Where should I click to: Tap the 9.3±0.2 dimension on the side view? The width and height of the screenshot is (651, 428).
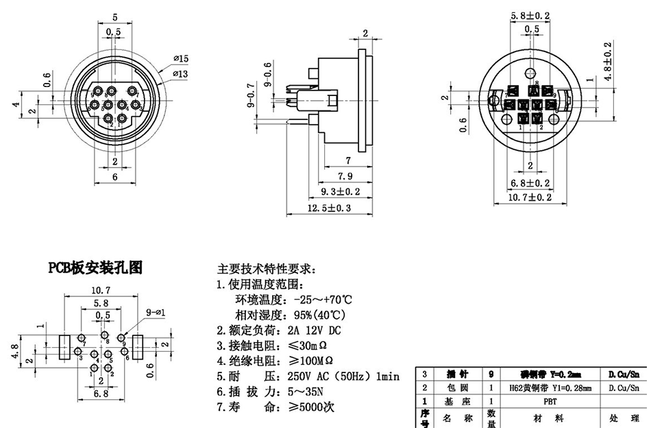pyautogui.click(x=341, y=191)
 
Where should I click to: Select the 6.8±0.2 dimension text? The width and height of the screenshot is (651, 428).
pyautogui.click(x=531, y=182)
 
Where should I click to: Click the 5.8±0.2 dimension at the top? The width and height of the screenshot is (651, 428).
pyautogui.click(x=531, y=15)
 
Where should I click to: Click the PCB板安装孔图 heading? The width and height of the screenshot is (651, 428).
pyautogui.click(x=95, y=267)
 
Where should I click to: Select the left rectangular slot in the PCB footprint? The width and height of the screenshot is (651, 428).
pyautogui.click(x=66, y=347)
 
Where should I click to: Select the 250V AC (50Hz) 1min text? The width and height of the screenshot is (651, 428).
pyautogui.click(x=343, y=377)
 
